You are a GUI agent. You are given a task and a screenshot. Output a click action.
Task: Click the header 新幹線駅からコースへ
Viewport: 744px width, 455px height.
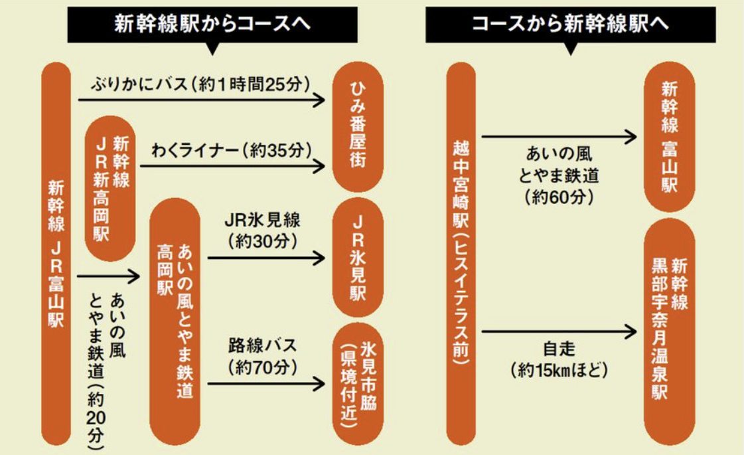tap(212, 25)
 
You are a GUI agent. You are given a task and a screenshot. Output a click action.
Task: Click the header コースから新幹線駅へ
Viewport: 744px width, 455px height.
tap(570, 25)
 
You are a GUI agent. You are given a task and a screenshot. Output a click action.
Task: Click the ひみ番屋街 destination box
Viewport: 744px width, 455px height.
tap(359, 127)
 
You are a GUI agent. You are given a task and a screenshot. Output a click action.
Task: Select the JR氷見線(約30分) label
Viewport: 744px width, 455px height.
tap(263, 229)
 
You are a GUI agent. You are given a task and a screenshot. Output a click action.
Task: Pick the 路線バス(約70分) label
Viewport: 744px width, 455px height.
tap(263, 355)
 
